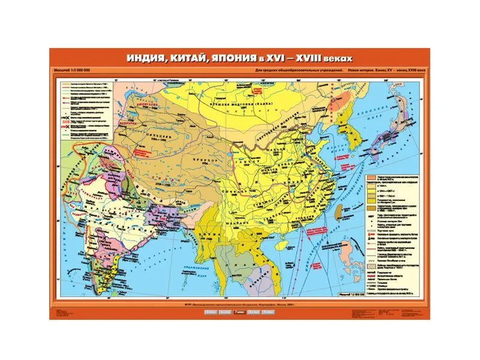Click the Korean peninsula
click(355, 144)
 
